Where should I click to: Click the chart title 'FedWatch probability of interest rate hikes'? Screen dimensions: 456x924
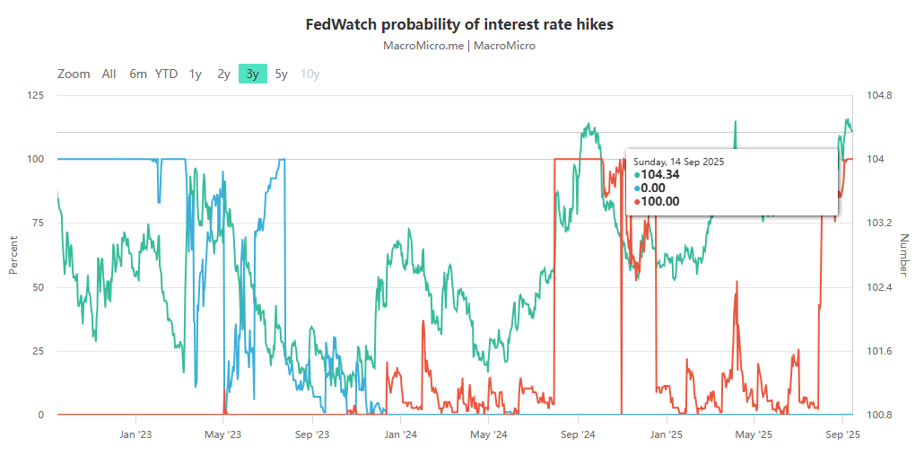click(459, 24)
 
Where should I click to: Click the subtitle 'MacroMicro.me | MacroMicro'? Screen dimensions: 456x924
click(459, 45)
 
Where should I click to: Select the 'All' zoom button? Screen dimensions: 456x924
click(109, 74)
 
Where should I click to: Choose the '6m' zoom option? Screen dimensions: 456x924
click(137, 74)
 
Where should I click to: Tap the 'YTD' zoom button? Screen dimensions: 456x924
click(166, 74)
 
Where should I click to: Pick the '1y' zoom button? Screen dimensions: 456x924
click(195, 74)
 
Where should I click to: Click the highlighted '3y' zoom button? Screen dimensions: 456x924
click(252, 74)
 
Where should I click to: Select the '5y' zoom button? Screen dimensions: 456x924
click(281, 74)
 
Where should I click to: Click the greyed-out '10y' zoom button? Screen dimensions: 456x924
click(309, 74)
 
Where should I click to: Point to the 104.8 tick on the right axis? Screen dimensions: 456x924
click(880, 96)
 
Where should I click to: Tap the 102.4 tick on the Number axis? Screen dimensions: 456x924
click(880, 287)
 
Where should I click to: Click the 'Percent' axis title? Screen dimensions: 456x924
click(13, 255)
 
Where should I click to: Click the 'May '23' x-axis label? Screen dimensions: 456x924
click(222, 434)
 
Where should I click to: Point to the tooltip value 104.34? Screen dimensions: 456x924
click(660, 174)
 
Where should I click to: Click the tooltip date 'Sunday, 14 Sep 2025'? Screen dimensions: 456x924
click(678, 162)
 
